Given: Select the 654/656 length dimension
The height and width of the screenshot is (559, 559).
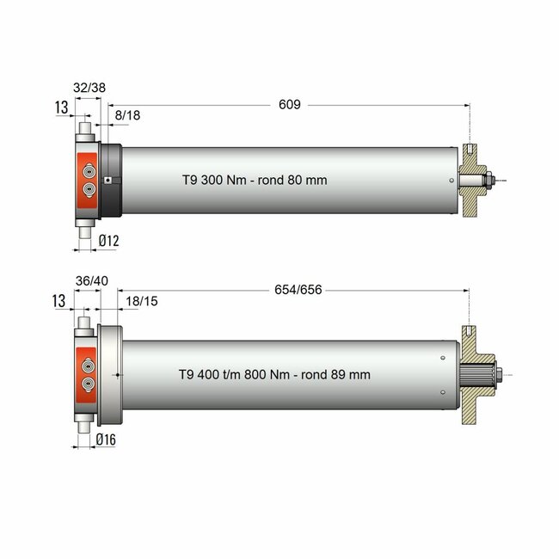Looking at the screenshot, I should pyautogui.click(x=298, y=290).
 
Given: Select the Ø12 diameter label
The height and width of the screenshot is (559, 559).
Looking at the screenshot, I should pyautogui.click(x=107, y=242).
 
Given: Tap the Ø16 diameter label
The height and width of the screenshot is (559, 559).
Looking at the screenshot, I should pyautogui.click(x=107, y=439).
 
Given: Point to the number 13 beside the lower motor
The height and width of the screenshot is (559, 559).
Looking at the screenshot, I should pyautogui.click(x=59, y=300).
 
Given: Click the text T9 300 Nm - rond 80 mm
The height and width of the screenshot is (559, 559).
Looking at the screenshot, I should pyautogui.click(x=255, y=181).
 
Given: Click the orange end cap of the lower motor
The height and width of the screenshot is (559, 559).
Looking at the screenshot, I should pyautogui.click(x=88, y=374).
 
